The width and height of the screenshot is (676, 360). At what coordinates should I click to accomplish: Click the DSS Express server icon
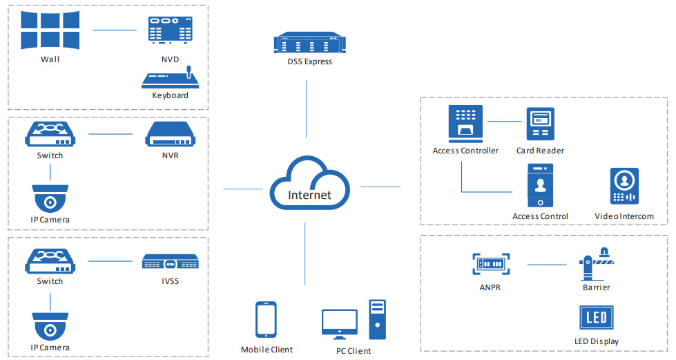pyautogui.click(x=309, y=44)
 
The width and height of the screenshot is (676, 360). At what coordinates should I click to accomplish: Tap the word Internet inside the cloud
pyautogui.click(x=309, y=195)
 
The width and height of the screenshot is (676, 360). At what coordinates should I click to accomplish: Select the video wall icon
pyautogui.click(x=50, y=30)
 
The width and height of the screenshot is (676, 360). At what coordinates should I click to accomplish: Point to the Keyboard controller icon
pyautogui.click(x=170, y=78)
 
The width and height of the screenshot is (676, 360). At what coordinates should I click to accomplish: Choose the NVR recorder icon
pyautogui.click(x=170, y=135)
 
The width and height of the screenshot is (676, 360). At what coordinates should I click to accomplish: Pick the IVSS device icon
pyautogui.click(x=170, y=262)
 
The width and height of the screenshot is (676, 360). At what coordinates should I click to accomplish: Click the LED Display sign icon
pyautogui.click(x=596, y=319)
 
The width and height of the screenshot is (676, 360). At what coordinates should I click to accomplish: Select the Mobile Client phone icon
pyautogui.click(x=267, y=321)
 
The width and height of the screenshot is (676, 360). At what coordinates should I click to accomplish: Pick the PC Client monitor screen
pyautogui.click(x=340, y=322)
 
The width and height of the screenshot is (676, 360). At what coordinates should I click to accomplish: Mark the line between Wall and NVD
pyautogui.click(x=115, y=30)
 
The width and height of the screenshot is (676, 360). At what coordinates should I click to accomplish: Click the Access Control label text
pyautogui.click(x=540, y=216)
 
